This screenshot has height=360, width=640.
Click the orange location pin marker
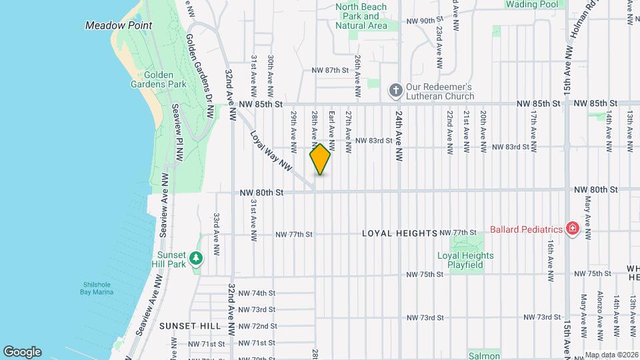pyautogui.click(x=320, y=159)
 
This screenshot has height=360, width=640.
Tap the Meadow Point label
pyautogui.click(x=119, y=25)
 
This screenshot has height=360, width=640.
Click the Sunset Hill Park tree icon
pyautogui.click(x=195, y=258)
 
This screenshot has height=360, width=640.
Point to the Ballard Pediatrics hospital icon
pyautogui.click(x=571, y=229)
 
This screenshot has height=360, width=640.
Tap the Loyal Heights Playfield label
pyautogui.click(x=465, y=260)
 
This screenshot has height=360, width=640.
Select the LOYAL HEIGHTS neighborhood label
pyautogui.click(x=399, y=233)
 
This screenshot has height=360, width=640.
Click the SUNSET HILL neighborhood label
pyautogui.click(x=190, y=326)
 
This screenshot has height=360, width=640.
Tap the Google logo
pyautogui.click(x=22, y=352)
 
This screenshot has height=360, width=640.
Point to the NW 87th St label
pyautogui.click(x=331, y=70)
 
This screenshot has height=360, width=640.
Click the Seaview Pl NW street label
pyautogui.click(x=177, y=133)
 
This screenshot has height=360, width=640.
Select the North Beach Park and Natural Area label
pyautogui.click(x=361, y=16)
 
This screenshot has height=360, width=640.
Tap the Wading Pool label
pyautogui.click(x=531, y=4)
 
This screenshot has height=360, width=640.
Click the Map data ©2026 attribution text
pyautogui.click(x=611, y=355)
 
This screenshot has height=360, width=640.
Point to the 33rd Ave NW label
pyautogui.click(x=216, y=235)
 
